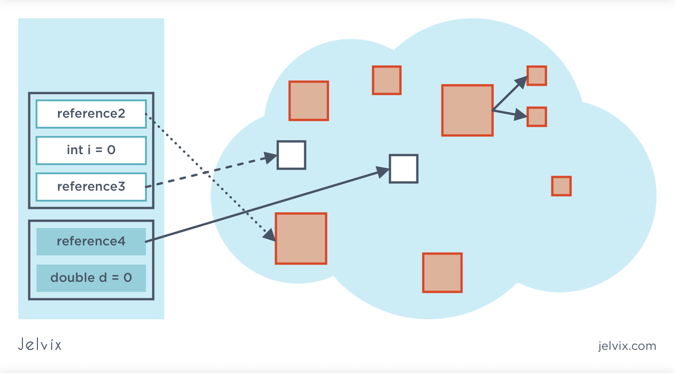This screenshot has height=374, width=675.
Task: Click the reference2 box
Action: tap(91, 114)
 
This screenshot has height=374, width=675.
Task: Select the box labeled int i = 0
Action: tap(91, 150)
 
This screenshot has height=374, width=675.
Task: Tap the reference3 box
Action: tap(91, 187)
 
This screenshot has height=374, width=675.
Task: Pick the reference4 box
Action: tap(91, 241)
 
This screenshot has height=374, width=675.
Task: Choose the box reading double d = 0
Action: tap(91, 278)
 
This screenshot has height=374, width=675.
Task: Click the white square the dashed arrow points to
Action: tap(291, 155)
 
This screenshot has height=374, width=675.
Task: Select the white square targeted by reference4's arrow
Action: tap(404, 169)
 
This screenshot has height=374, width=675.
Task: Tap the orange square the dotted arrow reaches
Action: tap(301, 238)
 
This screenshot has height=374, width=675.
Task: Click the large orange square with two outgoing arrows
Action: tap(467, 110)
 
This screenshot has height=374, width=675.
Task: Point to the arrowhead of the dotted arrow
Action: tap(270, 235)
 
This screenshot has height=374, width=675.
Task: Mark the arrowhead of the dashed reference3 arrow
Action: tap(271, 158)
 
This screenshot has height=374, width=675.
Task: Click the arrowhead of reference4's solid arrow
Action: tap(383, 171)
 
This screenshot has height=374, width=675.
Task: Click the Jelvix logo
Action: tap(40, 344)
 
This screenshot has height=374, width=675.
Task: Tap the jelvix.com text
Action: tap(627, 346)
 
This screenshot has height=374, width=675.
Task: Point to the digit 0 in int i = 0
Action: tap(111, 150)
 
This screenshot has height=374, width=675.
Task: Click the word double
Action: tap(73, 278)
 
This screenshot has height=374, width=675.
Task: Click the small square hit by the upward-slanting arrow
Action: tap(537, 76)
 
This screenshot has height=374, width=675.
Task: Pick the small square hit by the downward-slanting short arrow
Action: tap(537, 117)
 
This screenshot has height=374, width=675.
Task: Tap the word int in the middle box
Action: tap(75, 150)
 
